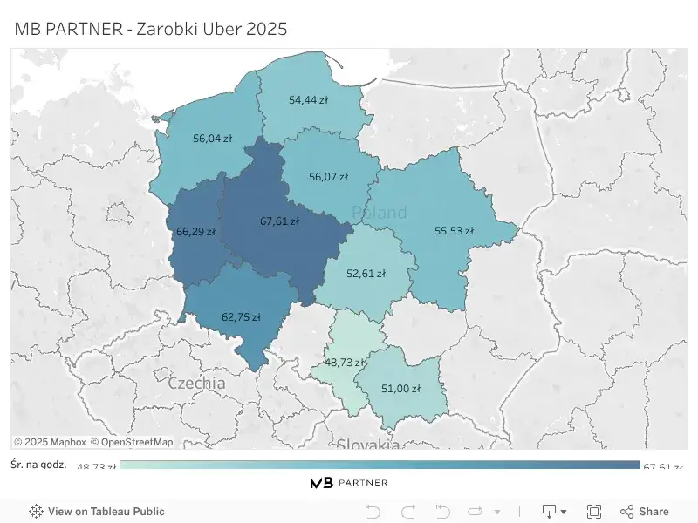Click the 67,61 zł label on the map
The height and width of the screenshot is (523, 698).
[279, 221]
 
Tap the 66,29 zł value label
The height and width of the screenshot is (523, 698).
[195, 232]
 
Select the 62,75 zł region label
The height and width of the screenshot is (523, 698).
[241, 317]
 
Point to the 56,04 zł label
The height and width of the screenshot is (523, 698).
[212, 138]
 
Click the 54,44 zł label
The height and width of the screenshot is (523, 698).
[308, 100]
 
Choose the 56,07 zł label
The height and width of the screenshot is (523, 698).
[328, 177]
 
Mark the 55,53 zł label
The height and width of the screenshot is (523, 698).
[454, 231]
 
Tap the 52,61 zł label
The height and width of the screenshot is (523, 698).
[366, 273]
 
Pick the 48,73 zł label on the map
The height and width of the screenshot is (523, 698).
[345, 362]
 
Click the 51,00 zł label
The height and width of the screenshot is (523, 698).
[401, 388]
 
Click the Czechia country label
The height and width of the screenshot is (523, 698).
[196, 383]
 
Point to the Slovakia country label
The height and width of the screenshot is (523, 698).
[368, 443]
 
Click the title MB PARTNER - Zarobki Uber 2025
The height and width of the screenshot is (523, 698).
[151, 29]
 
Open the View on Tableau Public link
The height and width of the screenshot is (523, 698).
[106, 512]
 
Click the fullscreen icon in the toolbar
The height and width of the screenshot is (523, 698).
[594, 512]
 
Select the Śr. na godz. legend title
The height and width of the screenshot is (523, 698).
[40, 464]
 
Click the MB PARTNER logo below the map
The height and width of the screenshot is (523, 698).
[349, 482]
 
